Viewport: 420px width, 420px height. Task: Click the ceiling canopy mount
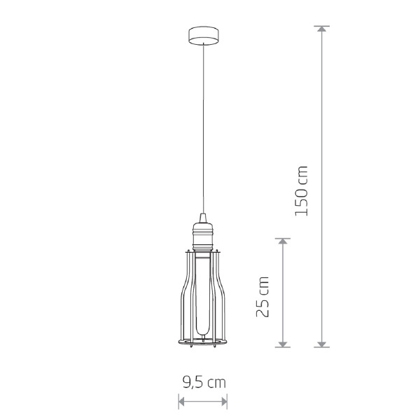(203, 36)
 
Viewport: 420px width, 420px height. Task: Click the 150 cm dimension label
(302, 190)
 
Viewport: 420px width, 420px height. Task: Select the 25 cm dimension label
(262, 297)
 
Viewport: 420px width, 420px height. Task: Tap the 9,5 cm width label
(204, 382)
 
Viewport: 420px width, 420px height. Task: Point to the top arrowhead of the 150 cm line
(322, 29)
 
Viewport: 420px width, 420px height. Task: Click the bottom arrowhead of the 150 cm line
(322, 344)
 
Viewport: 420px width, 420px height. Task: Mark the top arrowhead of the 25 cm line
(283, 241)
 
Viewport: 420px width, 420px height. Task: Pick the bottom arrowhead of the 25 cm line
(283, 344)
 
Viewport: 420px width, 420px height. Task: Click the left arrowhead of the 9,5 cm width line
(181, 402)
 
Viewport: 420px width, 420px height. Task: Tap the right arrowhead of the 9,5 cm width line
(224, 402)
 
